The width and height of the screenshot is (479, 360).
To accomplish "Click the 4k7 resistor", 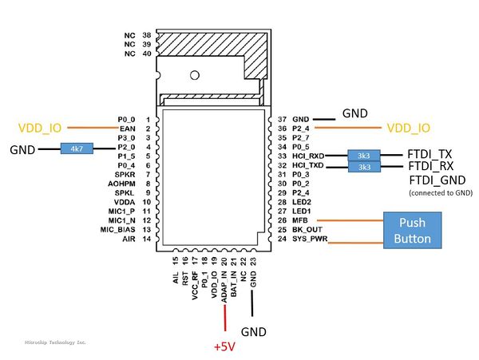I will (77, 148).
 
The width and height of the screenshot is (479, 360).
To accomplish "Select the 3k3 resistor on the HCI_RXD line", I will (364, 156).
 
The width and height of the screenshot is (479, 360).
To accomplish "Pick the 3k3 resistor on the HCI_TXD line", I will (364, 167).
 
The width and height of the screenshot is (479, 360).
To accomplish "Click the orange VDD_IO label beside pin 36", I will (408, 128).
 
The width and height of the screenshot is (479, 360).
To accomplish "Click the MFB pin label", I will (300, 220).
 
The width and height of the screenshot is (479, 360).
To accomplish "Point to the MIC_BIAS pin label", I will (118, 229).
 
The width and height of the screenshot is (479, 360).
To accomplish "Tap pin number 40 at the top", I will (147, 53).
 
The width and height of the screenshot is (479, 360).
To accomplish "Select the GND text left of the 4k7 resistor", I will (22, 149).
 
